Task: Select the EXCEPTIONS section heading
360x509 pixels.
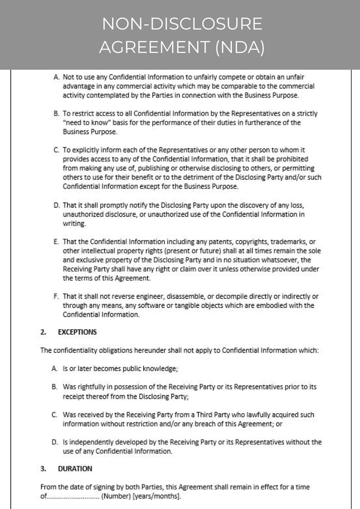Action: pos(77,332)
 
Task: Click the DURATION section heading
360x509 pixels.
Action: pos(75,469)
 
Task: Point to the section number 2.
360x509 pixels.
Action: pos(43,332)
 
